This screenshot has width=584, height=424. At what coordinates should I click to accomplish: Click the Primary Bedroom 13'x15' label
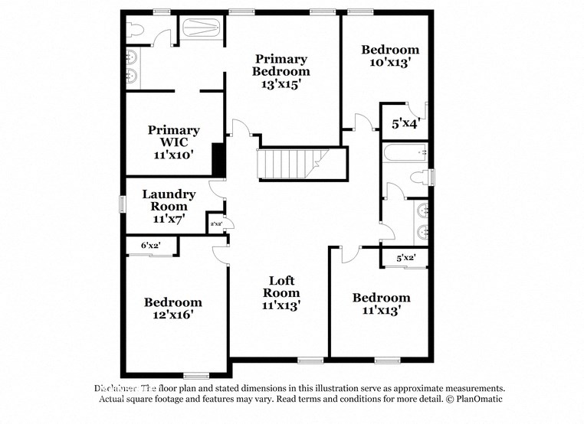(281, 71)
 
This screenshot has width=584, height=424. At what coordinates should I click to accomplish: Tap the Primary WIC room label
(174, 142)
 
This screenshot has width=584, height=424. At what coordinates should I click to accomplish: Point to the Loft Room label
(281, 292)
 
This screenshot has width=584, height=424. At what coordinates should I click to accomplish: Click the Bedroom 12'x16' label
(173, 308)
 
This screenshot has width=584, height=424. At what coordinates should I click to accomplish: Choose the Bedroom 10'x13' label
(390, 57)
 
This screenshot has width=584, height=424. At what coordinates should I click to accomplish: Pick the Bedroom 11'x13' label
(381, 304)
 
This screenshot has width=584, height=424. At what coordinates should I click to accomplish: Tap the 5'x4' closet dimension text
(405, 122)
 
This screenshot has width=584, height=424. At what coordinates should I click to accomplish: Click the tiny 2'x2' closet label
(215, 224)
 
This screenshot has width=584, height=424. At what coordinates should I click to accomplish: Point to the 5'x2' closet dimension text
(405, 258)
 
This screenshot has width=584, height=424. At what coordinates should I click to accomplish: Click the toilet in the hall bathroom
(418, 178)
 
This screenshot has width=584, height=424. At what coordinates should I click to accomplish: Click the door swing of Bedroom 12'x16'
(221, 252)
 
